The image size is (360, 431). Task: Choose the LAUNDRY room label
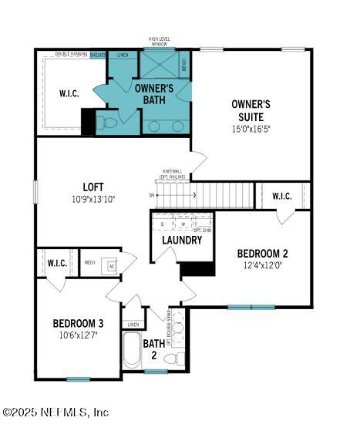pyautogui.click(x=181, y=240)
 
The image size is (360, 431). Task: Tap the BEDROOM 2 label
pyautogui.click(x=262, y=254)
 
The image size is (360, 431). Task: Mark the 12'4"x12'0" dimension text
pyautogui.click(x=262, y=266)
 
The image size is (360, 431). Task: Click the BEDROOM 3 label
pyautogui.click(x=78, y=323)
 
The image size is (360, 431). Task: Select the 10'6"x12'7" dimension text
pyautogui.click(x=78, y=335)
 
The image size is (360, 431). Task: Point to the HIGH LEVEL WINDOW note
pyautogui.click(x=159, y=42)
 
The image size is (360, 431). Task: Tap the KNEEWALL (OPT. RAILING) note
pyautogui.click(x=174, y=173)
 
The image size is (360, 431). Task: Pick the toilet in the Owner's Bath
pyautogui.click(x=109, y=123)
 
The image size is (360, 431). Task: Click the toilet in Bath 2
pyautogui.click(x=180, y=359)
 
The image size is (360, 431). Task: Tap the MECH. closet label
pyautogui.click(x=89, y=261)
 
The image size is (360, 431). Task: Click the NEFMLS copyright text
pyautogui.click(x=56, y=413)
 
